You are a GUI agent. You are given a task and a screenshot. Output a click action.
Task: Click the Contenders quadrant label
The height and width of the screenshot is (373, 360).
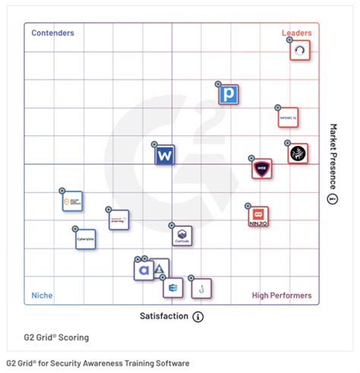tap(52, 33)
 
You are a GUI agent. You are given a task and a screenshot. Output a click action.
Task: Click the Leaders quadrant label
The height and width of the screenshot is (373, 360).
tap(296, 33)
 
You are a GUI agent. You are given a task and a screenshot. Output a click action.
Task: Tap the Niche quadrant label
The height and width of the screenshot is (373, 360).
tap(42, 296)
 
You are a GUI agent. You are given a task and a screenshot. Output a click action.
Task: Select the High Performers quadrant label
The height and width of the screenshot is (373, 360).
tap(281, 296)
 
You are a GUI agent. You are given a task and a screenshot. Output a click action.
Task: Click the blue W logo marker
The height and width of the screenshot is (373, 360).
tap(165, 156)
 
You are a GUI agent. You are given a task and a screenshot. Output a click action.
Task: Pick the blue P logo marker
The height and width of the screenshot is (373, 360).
tap(228, 95)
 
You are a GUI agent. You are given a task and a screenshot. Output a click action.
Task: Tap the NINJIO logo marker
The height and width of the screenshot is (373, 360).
tap(258, 217)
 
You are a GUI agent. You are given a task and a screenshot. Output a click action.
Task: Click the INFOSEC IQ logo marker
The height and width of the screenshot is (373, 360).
tap(289, 119)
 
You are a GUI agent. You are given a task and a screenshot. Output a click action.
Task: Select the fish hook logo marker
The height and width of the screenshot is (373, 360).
tap(201, 289)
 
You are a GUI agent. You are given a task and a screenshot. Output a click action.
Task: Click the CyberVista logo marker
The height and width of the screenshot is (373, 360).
tap(86, 239)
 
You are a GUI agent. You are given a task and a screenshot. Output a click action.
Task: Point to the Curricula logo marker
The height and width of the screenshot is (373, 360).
tap(182, 236)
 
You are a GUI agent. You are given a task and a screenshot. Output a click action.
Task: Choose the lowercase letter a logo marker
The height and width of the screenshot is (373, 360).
tap(144, 270)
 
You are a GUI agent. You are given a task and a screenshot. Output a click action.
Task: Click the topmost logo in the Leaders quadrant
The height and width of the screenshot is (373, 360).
tap(302, 51)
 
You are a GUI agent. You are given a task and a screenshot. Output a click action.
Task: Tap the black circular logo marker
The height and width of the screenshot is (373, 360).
tap(298, 153)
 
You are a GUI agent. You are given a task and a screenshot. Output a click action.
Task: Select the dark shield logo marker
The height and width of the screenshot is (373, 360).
tap(262, 169)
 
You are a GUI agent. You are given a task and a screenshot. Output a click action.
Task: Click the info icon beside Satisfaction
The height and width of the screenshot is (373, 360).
tap(198, 316)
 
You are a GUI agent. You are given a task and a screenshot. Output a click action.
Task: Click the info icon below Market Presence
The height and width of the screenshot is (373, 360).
tap(332, 199)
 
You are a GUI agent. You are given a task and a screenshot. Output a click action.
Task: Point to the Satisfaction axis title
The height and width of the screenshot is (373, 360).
tap(163, 316)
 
